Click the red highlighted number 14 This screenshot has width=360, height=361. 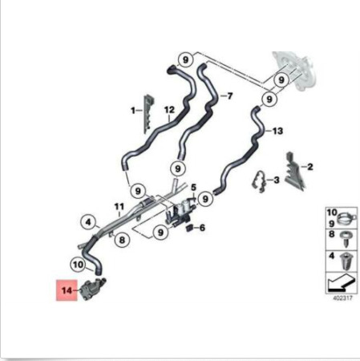point(67,290)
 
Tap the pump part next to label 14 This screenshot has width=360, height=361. point(93,289)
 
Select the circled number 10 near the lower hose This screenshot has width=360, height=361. point(79,265)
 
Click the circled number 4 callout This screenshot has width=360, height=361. point(88,222)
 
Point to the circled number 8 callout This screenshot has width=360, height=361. point(122,239)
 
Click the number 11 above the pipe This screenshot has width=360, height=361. point(119,207)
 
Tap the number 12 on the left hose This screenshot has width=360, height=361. point(169,110)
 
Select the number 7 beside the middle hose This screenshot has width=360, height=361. point(229,95)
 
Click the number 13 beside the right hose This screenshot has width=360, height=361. point(277,131)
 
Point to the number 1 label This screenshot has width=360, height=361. point(133,110)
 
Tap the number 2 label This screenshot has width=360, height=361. point(309,167)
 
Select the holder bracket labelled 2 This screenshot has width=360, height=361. point(295,171)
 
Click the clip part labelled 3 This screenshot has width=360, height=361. point(259,181)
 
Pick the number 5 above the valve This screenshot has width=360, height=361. point(193,187)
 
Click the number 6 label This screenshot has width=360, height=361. point(202,228)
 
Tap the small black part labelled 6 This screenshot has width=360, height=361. point(189,228)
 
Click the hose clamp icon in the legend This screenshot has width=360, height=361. point(346,218)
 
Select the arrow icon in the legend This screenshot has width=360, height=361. point(342,282)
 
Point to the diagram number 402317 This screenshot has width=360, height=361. point(342,298)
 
